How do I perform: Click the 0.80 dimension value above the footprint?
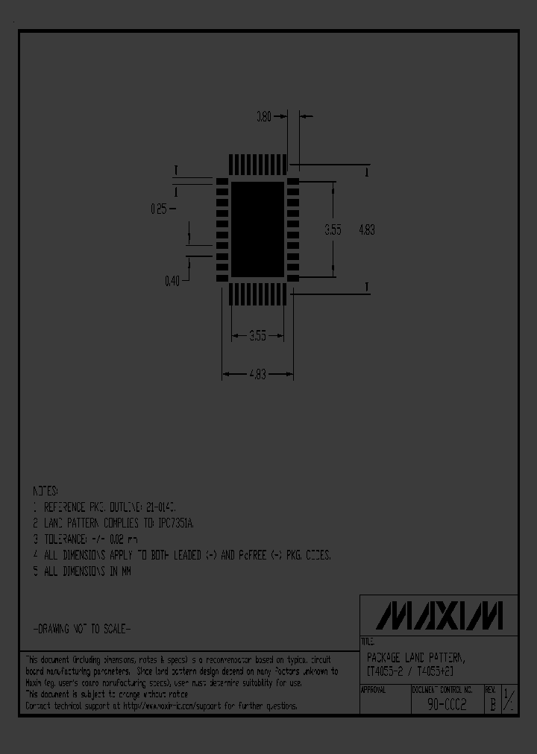click(263, 116)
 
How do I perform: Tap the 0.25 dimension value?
click(158, 209)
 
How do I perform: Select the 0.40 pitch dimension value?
click(172, 281)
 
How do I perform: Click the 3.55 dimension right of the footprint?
click(333, 230)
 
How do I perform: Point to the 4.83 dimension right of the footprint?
click(366, 230)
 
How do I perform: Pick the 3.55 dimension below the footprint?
click(257, 336)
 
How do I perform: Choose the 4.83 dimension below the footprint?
click(257, 374)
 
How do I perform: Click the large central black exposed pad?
click(257, 229)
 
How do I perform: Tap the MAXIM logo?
click(439, 616)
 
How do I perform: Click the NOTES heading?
click(45, 492)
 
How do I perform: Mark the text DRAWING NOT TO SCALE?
click(82, 629)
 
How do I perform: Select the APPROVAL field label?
click(374, 690)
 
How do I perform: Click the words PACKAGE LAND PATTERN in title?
click(415, 658)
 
